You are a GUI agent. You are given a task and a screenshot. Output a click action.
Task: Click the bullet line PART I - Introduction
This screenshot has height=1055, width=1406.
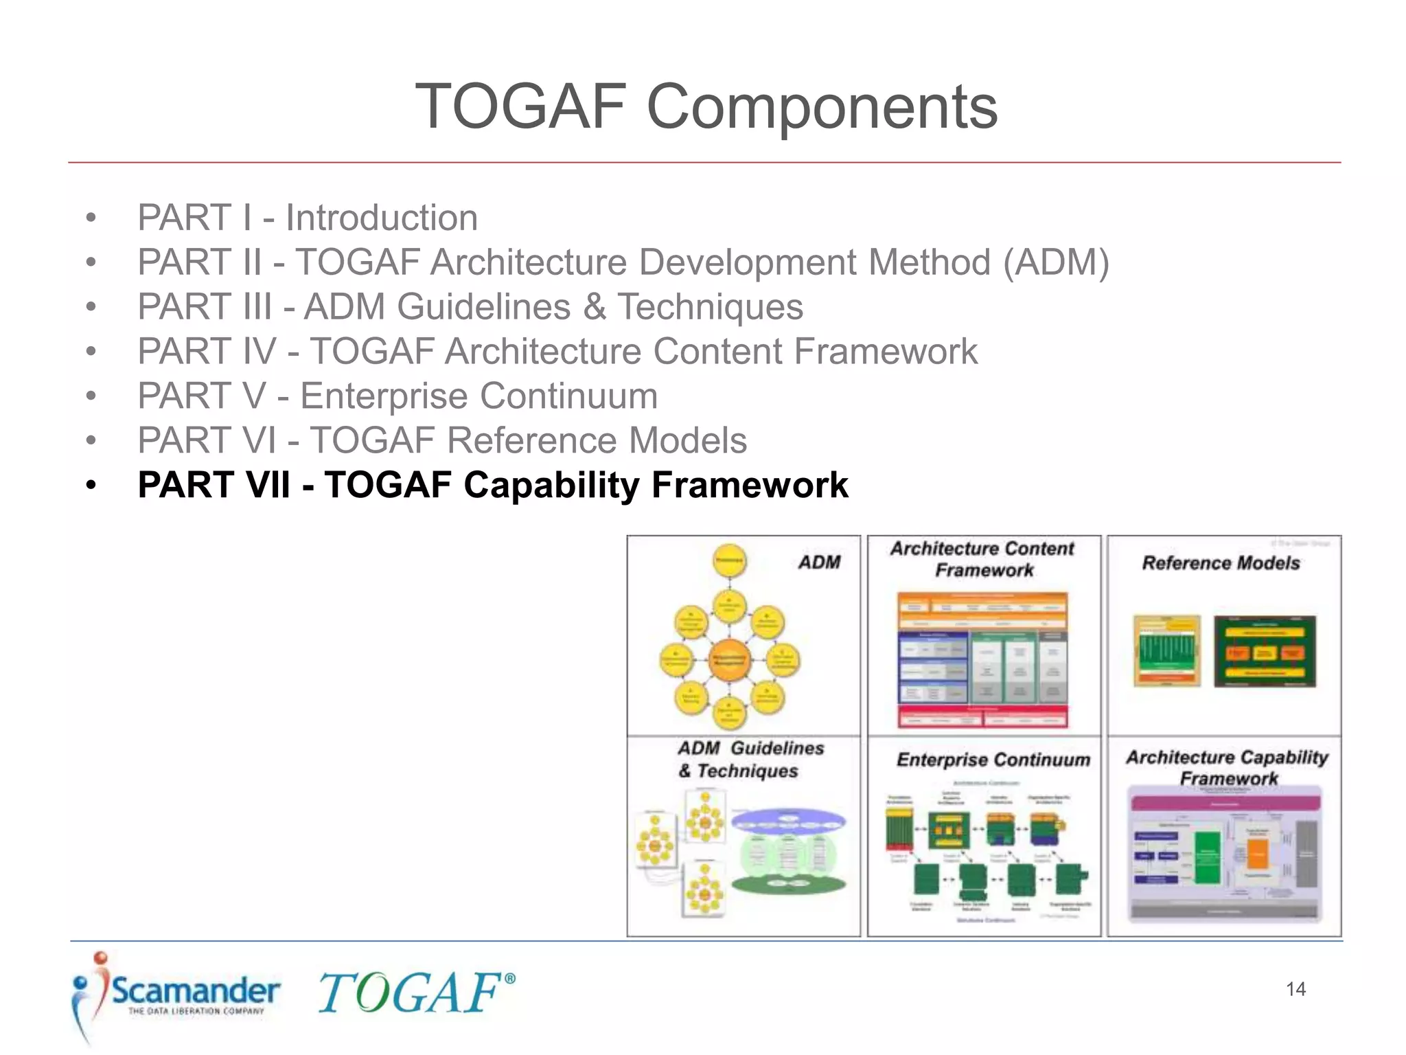tap(307, 218)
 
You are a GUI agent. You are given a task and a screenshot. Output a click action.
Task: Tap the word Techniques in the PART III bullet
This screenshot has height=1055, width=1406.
tap(710, 307)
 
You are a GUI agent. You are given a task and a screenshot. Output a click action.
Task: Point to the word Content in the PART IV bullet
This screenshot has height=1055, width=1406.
tap(717, 352)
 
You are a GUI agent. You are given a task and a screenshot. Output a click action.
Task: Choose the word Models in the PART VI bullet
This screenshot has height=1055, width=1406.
tap(687, 440)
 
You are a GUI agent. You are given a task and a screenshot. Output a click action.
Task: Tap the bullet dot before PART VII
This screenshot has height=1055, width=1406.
tap(91, 486)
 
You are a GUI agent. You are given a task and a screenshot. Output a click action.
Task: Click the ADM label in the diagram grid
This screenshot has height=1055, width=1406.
tap(819, 563)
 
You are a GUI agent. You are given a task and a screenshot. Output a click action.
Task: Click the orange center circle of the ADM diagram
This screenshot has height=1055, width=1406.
tap(729, 659)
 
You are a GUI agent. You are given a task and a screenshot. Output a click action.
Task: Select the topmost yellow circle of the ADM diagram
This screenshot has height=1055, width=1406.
tap(729, 561)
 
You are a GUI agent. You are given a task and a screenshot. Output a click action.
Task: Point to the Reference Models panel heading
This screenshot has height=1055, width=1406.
tap(1221, 563)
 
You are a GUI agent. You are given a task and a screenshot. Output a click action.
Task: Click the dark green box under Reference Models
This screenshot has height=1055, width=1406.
tap(1265, 651)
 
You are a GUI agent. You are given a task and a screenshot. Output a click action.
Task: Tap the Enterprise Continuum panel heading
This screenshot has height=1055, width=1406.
tap(993, 760)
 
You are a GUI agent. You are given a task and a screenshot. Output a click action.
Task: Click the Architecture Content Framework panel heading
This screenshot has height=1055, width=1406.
tap(983, 559)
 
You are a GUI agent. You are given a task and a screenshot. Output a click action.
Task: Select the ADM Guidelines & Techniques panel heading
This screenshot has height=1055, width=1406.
tap(750, 759)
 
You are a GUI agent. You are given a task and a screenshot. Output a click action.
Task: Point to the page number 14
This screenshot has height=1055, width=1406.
tap(1295, 989)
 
